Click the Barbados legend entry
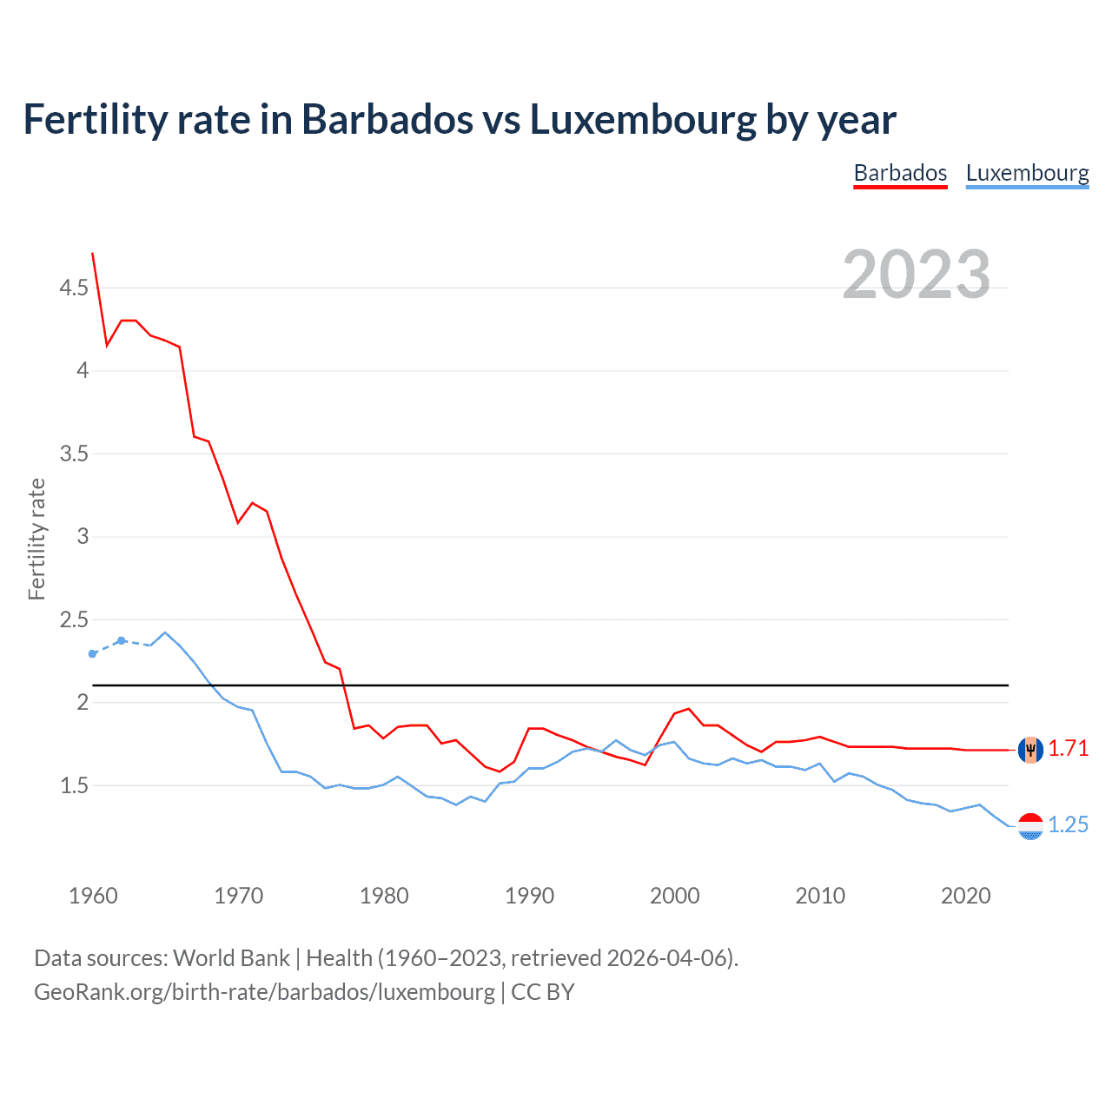[x=900, y=173]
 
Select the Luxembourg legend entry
[x=1027, y=173]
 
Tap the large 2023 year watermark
[x=916, y=275]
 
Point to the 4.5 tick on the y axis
[x=74, y=288]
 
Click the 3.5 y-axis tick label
[x=74, y=453]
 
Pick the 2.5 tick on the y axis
[x=74, y=619]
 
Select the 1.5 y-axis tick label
[x=74, y=785]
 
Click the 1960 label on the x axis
[x=93, y=896]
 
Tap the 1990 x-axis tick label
[x=529, y=896]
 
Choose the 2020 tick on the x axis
[x=965, y=896]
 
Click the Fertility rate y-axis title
[x=36, y=539]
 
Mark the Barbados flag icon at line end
[x=1030, y=749]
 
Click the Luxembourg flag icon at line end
[x=1030, y=825]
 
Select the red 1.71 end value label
[x=1068, y=748]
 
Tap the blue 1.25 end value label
[x=1068, y=824]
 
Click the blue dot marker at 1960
[x=93, y=653]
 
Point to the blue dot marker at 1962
[x=122, y=640]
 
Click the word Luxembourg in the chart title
[x=643, y=120]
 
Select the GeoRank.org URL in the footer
[x=264, y=992]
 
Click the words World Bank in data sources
[x=231, y=958]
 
